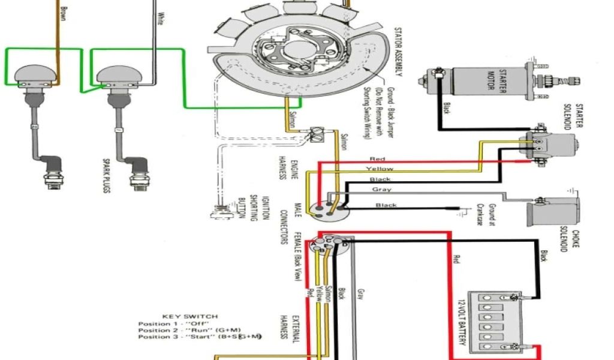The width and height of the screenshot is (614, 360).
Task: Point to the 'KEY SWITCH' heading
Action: point(190,316)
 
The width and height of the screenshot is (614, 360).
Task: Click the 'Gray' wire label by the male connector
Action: point(382,190)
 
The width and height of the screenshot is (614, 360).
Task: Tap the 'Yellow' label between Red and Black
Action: point(379,169)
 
